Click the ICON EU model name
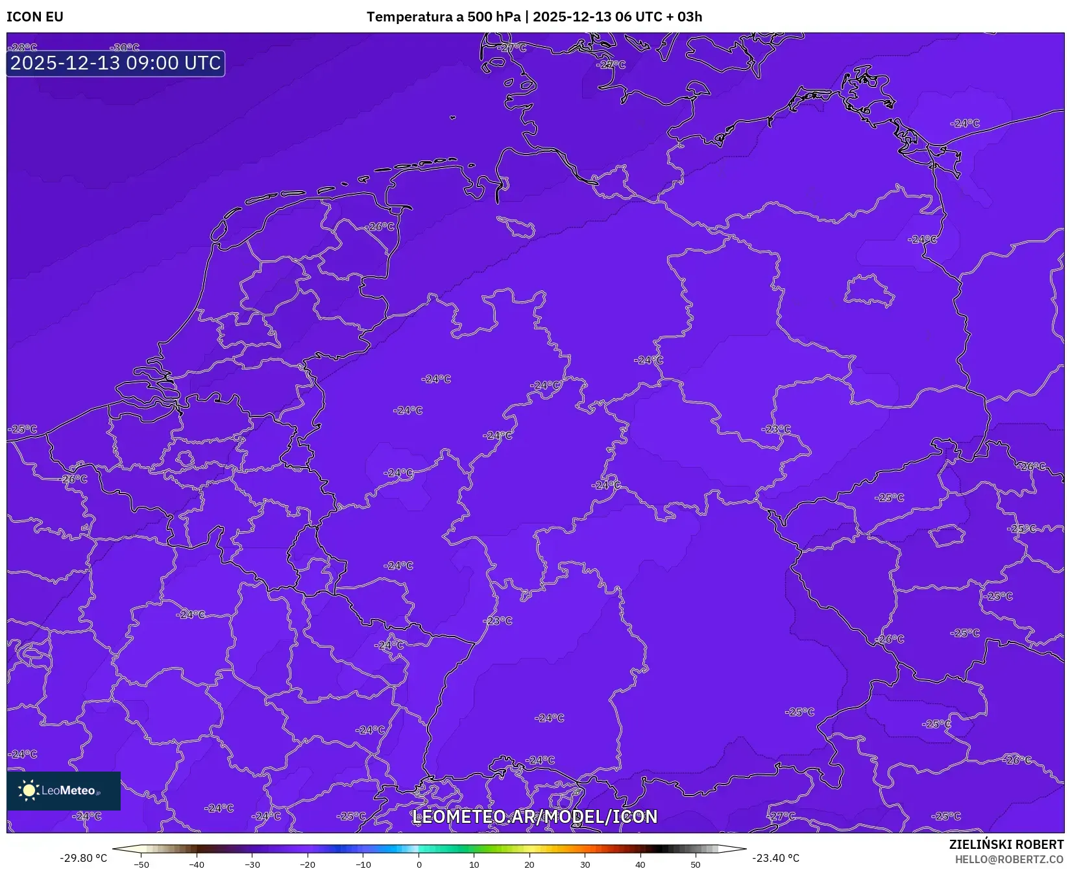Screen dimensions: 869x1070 [35, 17]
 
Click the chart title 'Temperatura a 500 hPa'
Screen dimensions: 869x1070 [443, 17]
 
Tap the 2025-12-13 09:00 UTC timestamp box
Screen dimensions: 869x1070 [116, 64]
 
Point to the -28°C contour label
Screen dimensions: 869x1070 [25, 47]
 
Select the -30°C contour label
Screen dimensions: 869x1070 [125, 47]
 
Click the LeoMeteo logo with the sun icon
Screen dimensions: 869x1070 [63, 790]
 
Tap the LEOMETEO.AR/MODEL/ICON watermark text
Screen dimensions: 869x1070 [535, 816]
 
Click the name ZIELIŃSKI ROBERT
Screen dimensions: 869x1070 [1006, 844]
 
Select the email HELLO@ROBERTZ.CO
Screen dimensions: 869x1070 [1009, 859]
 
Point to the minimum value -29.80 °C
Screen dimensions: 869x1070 [83, 858]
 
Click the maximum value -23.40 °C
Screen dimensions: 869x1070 [775, 858]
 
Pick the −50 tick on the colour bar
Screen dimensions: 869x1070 [141, 864]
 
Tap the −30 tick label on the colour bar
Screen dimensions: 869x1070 [252, 864]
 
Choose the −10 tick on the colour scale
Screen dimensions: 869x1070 [363, 864]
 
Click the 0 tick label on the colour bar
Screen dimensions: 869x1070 [419, 864]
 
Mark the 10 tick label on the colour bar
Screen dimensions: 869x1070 [474, 864]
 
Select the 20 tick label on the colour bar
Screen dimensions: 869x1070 [529, 864]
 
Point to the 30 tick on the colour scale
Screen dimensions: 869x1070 [585, 864]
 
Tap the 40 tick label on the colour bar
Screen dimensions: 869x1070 [640, 864]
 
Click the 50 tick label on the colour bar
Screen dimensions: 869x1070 [696, 864]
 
